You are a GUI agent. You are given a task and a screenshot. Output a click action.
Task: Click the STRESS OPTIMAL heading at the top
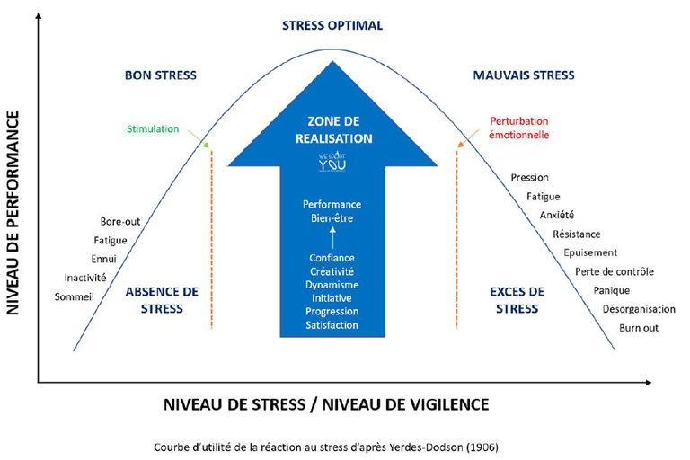click(332, 25)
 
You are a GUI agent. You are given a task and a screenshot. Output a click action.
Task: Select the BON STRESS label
click(161, 75)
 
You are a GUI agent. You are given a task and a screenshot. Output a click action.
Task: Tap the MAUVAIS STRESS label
click(524, 75)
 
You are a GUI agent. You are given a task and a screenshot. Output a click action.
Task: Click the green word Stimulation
click(153, 128)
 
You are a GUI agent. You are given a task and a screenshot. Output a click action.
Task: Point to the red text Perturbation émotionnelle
click(519, 128)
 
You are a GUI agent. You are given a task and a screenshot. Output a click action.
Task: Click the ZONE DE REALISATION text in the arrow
click(333, 129)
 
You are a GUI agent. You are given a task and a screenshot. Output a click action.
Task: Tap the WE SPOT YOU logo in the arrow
click(332, 162)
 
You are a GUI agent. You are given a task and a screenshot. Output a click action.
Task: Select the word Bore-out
click(120, 221)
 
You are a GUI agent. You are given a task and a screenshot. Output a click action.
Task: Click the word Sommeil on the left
click(74, 296)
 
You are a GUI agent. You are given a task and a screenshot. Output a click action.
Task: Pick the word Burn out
click(639, 328)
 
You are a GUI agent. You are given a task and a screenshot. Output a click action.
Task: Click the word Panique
click(612, 290)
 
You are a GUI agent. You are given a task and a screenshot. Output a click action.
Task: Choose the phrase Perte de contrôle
click(615, 271)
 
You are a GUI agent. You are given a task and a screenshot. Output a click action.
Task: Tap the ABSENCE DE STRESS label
click(162, 300)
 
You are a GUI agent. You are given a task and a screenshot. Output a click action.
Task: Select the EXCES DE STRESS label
click(517, 300)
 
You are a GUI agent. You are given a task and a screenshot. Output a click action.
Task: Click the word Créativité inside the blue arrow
click(332, 271)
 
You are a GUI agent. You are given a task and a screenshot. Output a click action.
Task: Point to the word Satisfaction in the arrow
click(332, 324)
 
